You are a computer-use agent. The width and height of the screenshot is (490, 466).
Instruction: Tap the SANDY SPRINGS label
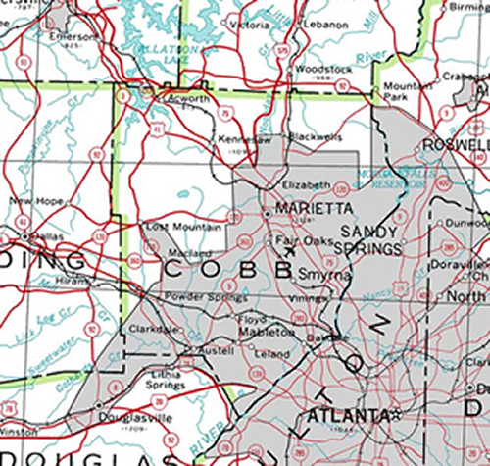[x=371, y=240]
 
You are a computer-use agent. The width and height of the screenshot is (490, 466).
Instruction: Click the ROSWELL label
[x=456, y=145]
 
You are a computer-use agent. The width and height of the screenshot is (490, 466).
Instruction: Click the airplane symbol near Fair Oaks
[x=288, y=250]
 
